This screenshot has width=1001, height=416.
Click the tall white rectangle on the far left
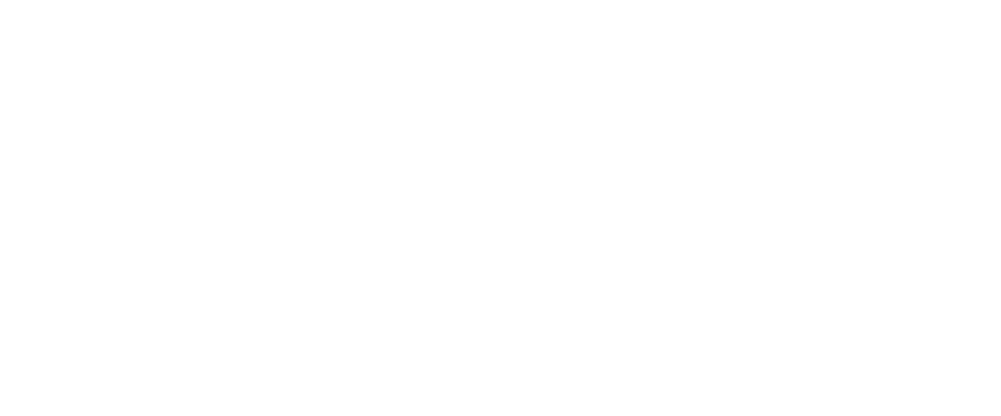[124, 200]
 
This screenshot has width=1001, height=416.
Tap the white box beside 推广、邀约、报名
[319, 79]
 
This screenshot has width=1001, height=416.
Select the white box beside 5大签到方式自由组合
[319, 160]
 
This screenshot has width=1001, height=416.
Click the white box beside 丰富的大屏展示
[319, 240]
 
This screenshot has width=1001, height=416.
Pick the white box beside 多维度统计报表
[319, 321]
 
